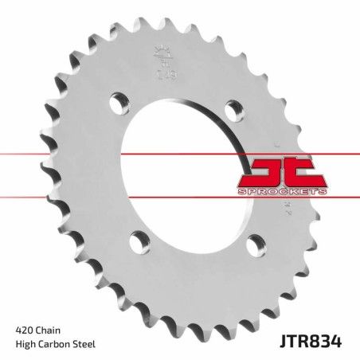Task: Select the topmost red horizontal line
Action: tap(180, 150)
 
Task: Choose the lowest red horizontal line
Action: tap(180, 196)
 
